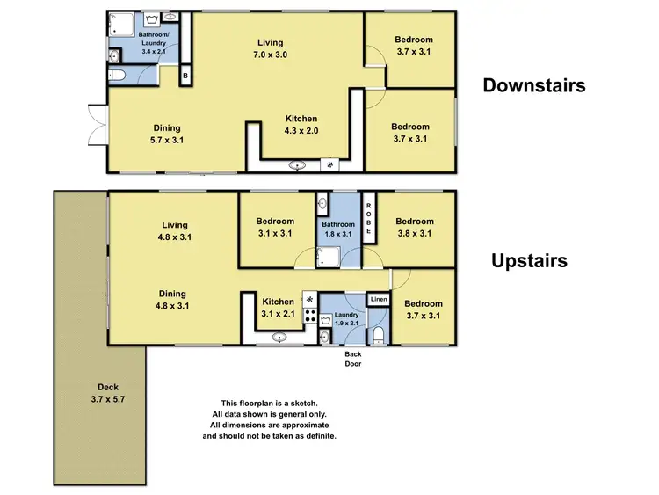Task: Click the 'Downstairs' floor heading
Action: [x=533, y=85]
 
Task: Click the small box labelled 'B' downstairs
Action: [x=185, y=77]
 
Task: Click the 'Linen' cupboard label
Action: [x=378, y=301]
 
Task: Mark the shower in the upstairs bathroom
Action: [x=327, y=256]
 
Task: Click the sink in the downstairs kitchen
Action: [x=298, y=164]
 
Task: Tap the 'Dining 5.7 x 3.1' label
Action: [x=167, y=133]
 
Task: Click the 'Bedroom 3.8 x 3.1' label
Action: [x=414, y=228]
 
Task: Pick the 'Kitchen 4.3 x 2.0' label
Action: [x=301, y=125]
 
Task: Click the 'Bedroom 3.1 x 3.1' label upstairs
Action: [x=274, y=228]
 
